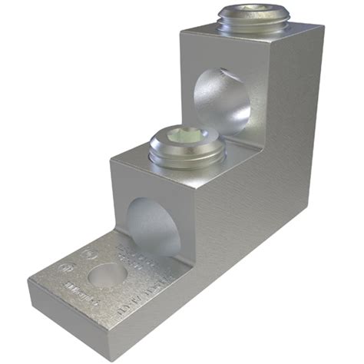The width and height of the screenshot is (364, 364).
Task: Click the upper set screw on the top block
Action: pos(248,19)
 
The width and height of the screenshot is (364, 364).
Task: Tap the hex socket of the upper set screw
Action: pos(248,12)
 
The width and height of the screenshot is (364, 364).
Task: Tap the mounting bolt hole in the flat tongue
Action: pos(107,273)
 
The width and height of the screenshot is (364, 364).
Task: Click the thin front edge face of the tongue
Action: pos(84,323)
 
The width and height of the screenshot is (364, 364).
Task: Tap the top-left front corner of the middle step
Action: pos(112,159)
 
